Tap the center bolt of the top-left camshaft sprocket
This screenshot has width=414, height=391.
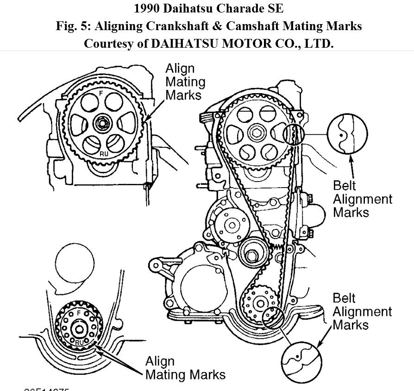click(102, 124)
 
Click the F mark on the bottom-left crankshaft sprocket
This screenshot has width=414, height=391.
click(79, 313)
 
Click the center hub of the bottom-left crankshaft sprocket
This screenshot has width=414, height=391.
click(79, 329)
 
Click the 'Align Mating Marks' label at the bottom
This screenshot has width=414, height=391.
click(185, 368)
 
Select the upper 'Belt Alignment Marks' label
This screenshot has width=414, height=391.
click(363, 199)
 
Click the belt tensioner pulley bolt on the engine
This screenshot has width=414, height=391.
click(252, 255)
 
